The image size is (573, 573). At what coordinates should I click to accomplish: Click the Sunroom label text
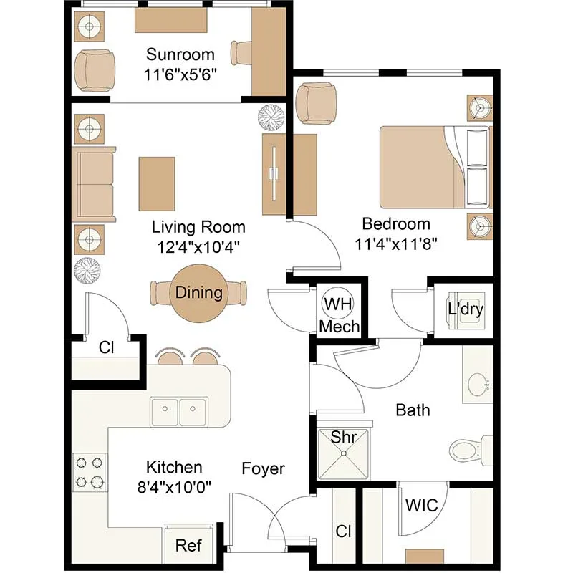(180, 54)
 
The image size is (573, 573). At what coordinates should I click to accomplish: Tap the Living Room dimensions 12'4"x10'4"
(198, 247)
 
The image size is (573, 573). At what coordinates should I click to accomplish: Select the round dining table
(198, 293)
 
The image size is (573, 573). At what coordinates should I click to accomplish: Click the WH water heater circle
(337, 304)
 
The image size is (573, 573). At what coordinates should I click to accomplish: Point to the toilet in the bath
(471, 451)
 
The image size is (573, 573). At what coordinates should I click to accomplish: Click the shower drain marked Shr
(344, 453)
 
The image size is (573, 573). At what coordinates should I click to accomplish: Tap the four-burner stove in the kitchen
(90, 472)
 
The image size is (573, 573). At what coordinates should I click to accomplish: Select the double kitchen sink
(179, 412)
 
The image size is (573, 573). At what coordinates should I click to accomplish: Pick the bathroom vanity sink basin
(478, 385)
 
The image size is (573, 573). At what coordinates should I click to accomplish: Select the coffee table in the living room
(157, 184)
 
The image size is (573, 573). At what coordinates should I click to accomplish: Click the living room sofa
(94, 184)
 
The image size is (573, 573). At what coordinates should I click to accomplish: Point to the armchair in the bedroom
(316, 102)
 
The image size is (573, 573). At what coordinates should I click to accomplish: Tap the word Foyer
(263, 468)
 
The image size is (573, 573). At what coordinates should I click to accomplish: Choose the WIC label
(421, 506)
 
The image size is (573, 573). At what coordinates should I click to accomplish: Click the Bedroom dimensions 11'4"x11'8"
(396, 244)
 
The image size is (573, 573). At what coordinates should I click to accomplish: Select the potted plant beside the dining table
(87, 271)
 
